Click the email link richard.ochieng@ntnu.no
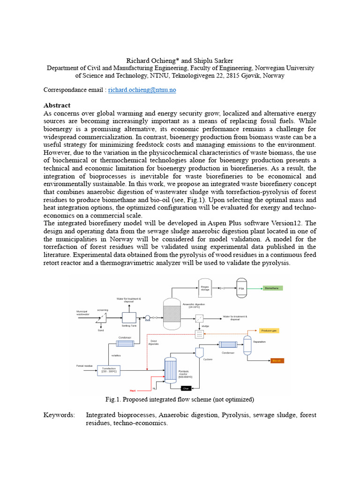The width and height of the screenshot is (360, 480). pyautogui.click(x=142, y=90)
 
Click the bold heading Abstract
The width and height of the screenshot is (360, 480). pyautogui.click(x=57, y=105)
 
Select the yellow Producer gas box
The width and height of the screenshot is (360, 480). pyautogui.click(x=269, y=330)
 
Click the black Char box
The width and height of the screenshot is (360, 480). pyautogui.click(x=188, y=388)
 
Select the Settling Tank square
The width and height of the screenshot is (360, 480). pyautogui.click(x=129, y=317)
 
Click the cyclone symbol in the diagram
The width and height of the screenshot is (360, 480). pyautogui.click(x=199, y=352)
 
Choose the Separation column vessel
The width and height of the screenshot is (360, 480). pyautogui.click(x=247, y=345)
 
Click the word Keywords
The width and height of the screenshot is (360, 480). pyautogui.click(x=59, y=415)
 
